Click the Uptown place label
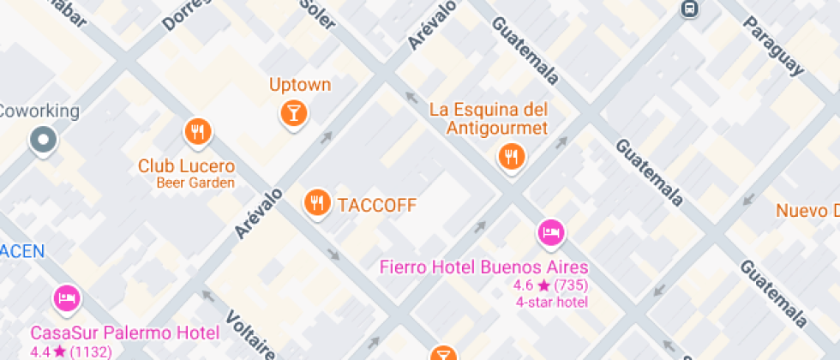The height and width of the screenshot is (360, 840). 299,85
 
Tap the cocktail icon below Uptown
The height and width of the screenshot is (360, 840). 293,112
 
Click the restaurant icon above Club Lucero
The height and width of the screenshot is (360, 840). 198,131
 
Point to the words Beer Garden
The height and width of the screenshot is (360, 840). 195,183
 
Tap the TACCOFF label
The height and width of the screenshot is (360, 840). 376,205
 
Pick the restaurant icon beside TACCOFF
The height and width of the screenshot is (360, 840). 317,202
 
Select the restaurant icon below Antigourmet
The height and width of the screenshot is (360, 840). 512,156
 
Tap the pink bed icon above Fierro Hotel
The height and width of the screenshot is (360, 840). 550,231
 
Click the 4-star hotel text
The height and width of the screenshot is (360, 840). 551,302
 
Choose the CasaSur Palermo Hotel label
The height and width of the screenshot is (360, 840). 125,333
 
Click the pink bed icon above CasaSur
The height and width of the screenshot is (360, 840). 66,298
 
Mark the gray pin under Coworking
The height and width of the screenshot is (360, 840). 42,139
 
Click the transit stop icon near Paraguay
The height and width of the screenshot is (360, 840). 688,9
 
